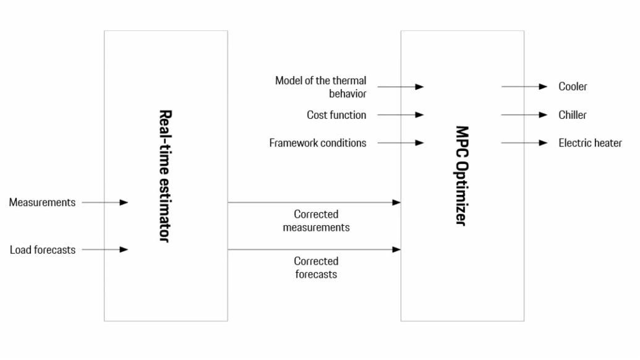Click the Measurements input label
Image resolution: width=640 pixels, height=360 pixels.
click(x=42, y=202)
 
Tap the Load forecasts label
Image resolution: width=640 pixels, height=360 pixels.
click(x=43, y=250)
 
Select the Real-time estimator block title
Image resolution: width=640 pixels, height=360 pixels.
click(x=165, y=176)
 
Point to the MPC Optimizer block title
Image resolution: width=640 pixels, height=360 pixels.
click(x=462, y=176)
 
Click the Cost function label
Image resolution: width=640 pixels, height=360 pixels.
click(x=336, y=115)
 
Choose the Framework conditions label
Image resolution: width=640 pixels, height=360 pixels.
click(x=318, y=143)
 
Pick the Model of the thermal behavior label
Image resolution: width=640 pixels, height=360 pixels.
click(x=320, y=87)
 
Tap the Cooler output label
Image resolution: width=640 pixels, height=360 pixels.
click(x=573, y=87)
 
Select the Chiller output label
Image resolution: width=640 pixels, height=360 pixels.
click(x=572, y=115)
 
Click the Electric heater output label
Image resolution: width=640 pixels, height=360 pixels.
click(x=590, y=143)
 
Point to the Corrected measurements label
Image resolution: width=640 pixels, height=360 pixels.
click(x=317, y=221)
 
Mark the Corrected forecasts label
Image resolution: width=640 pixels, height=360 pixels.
click(x=317, y=268)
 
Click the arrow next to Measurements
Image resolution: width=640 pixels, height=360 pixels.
click(x=105, y=202)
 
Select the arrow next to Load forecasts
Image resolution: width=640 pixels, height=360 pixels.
click(x=105, y=249)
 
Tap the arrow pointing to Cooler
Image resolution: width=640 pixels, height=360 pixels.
click(x=524, y=87)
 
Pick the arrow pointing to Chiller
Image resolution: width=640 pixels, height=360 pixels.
click(x=524, y=114)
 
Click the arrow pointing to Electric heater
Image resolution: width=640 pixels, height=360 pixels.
click(x=524, y=143)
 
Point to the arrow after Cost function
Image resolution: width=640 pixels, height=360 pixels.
click(x=401, y=114)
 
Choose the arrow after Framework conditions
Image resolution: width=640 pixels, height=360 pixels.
click(x=401, y=143)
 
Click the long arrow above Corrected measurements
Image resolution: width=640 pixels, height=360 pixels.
click(x=314, y=202)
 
